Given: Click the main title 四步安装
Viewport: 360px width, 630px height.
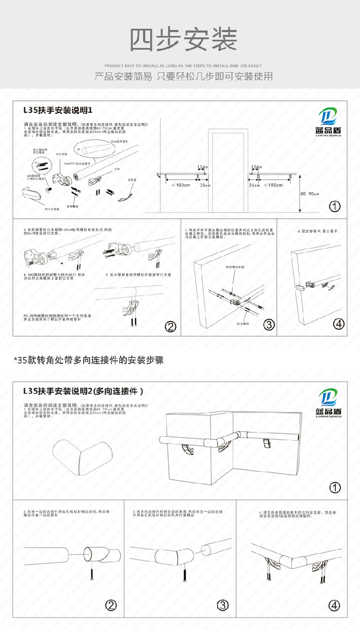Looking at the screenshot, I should point(183,40).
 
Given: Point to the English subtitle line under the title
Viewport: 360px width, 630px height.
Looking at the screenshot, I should point(183,66).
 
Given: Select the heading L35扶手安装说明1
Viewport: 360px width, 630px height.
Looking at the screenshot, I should point(58,110).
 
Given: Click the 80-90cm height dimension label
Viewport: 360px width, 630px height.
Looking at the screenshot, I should point(310,194).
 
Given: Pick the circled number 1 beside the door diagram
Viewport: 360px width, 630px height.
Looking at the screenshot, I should point(335,206).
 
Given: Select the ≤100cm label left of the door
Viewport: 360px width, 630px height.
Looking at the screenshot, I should point(181,185).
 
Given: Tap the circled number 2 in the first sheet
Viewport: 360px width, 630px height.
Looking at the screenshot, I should point(171,326).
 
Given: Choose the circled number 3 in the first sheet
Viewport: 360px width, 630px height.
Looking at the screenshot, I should point(269,324).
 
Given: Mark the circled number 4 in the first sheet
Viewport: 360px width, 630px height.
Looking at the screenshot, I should point(339,324).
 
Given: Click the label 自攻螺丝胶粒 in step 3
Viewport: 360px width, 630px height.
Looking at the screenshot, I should point(235,267).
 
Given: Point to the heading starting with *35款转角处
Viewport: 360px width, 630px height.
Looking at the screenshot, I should point(89,360).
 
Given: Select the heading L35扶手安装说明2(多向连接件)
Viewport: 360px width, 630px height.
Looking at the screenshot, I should point(83,391).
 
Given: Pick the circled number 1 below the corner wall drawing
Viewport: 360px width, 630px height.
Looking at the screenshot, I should point(335,488).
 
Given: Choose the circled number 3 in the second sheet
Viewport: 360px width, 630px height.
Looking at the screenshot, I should point(223,605).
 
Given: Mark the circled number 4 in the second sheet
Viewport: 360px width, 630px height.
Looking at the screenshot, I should point(334,605).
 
